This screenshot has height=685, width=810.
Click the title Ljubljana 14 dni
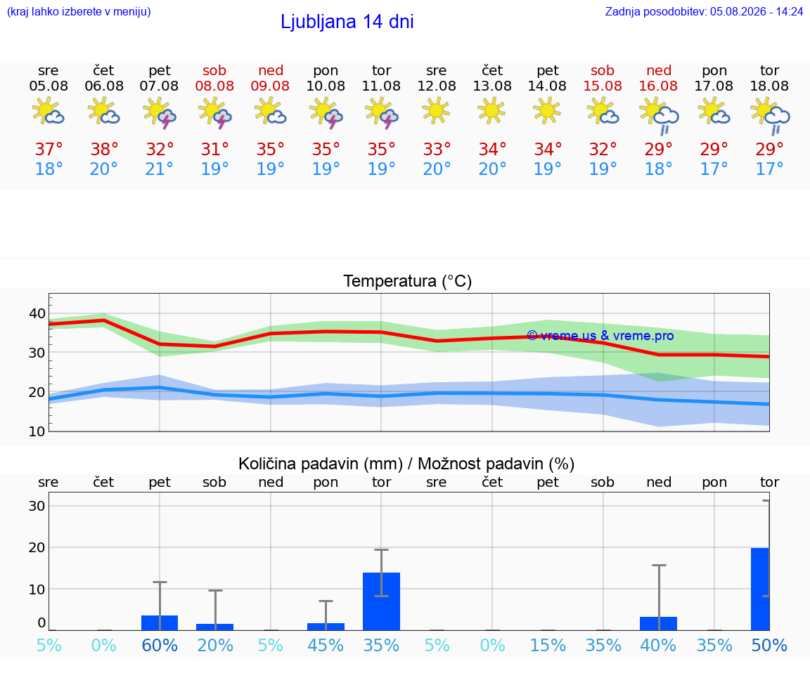coord(347,22)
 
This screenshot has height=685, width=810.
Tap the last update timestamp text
coord(704,11)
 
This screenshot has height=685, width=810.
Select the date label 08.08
coord(214,86)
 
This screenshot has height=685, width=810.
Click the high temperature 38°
coord(104,149)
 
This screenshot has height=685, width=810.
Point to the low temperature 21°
coord(159,169)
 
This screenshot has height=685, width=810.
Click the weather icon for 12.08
coord(436,110)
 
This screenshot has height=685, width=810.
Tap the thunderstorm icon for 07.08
coord(160,112)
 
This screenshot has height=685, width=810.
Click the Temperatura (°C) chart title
coord(408,281)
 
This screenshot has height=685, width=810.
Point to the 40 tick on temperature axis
coord(37,313)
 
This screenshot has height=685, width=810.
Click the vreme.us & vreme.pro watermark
coord(600,336)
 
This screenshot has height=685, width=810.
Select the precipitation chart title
coord(406,464)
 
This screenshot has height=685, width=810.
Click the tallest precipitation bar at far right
coord(760,589)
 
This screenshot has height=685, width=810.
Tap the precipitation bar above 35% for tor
coord(381,601)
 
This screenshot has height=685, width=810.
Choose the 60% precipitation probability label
coord(160,645)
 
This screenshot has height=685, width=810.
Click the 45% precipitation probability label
coord(326,645)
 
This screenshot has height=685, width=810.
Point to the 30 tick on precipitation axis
coord(37,506)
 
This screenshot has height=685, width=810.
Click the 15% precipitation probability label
coord(548,645)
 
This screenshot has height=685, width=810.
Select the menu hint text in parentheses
coord(79,11)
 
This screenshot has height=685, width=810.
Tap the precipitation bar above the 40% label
coord(659,624)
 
